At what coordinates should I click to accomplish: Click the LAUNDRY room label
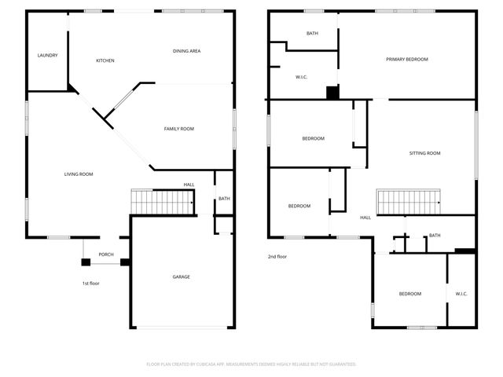pyautogui.click(x=47, y=55)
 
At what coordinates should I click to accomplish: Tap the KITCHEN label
pyautogui.click(x=105, y=60)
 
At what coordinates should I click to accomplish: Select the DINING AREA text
pyautogui.click(x=187, y=51)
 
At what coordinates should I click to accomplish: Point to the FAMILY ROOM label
pyautogui.click(x=178, y=129)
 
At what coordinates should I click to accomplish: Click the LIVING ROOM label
pyautogui.click(x=79, y=174)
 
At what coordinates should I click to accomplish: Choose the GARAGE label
pyautogui.click(x=182, y=276)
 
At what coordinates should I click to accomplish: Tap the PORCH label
pyautogui.click(x=106, y=254)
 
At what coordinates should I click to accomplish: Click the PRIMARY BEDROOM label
pyautogui.click(x=406, y=59)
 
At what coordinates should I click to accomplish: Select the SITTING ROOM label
pyautogui.click(x=424, y=153)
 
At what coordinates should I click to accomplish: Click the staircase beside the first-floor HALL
pyautogui.click(x=162, y=202)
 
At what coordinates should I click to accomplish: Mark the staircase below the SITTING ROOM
pyautogui.click(x=409, y=202)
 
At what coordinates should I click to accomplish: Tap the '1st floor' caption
pyautogui.click(x=91, y=283)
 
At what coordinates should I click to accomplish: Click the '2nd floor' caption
pyautogui.click(x=277, y=256)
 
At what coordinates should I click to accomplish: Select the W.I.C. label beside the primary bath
pyautogui.click(x=301, y=77)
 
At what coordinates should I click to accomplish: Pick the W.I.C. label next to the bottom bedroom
pyautogui.click(x=461, y=294)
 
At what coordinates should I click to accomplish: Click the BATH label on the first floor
pyautogui.click(x=224, y=199)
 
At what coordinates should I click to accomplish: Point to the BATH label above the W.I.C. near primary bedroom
pyautogui.click(x=312, y=33)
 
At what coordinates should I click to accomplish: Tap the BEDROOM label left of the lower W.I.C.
pyautogui.click(x=409, y=294)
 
